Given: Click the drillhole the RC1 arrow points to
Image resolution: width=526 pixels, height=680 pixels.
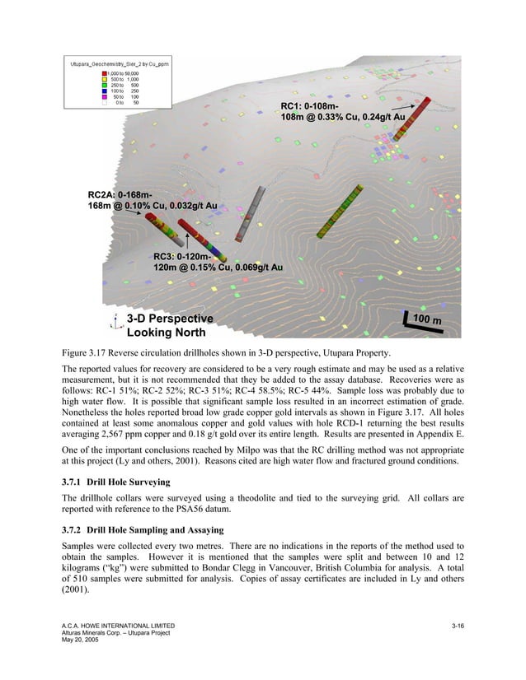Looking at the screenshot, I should point(417,118).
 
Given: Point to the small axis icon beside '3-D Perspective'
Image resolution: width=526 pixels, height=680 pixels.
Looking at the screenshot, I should point(116,323).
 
